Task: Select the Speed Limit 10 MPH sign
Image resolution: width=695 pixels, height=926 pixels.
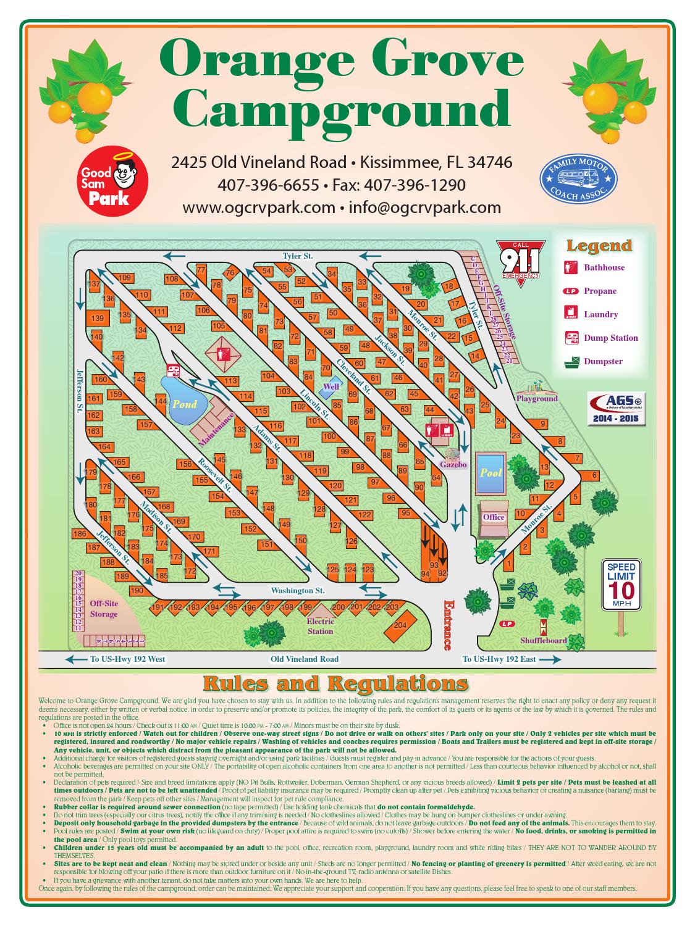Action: click(621, 584)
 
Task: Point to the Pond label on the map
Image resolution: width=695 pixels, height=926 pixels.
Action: click(184, 404)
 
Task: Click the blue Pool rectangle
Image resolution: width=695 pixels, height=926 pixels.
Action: click(491, 473)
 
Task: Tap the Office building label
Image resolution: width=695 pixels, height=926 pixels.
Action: click(494, 517)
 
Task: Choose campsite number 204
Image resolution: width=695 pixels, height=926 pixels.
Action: click(400, 625)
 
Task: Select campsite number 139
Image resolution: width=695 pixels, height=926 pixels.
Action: click(98, 319)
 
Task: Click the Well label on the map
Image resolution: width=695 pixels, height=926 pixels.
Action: click(331, 386)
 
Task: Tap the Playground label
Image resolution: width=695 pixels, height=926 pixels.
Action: click(536, 398)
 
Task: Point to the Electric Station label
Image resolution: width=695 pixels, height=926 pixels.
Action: click(320, 627)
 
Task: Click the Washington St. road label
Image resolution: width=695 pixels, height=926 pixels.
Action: click(297, 591)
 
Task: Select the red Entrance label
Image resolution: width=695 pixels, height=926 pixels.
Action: click(447, 625)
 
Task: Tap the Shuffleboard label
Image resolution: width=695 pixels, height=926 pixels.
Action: click(543, 640)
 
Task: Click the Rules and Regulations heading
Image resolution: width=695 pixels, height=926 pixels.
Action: click(335, 683)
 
